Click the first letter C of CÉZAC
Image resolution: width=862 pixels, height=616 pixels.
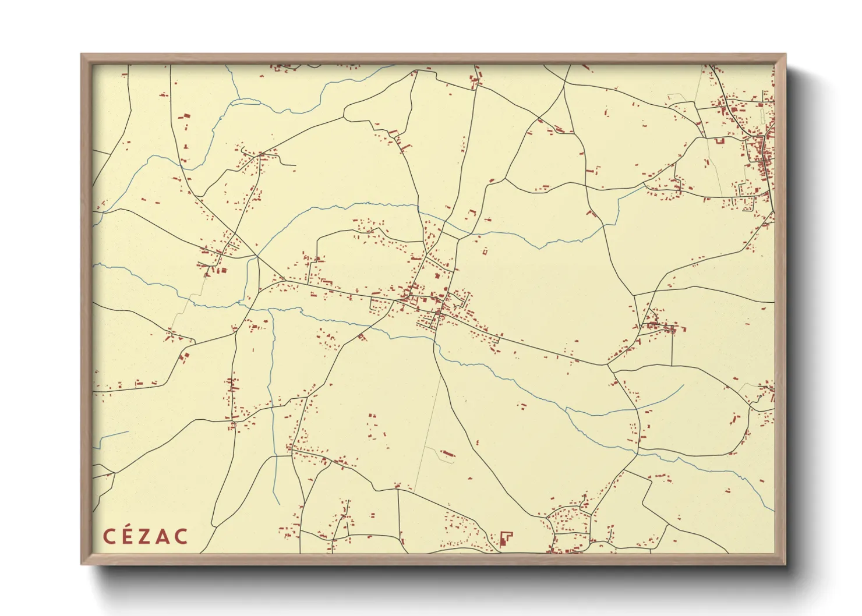coord(109,536)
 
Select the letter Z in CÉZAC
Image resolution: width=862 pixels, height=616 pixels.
coord(146,536)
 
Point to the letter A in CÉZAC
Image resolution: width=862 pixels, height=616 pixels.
coord(163,536)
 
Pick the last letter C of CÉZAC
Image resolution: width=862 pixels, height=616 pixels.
coord(181,536)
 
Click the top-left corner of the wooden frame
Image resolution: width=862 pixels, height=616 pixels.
coord(82,55)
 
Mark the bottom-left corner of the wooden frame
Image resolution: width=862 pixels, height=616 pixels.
coord(82,563)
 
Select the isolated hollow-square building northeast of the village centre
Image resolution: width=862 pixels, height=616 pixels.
coord(484,252)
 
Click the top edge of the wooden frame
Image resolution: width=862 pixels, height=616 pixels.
coord(433,58)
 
